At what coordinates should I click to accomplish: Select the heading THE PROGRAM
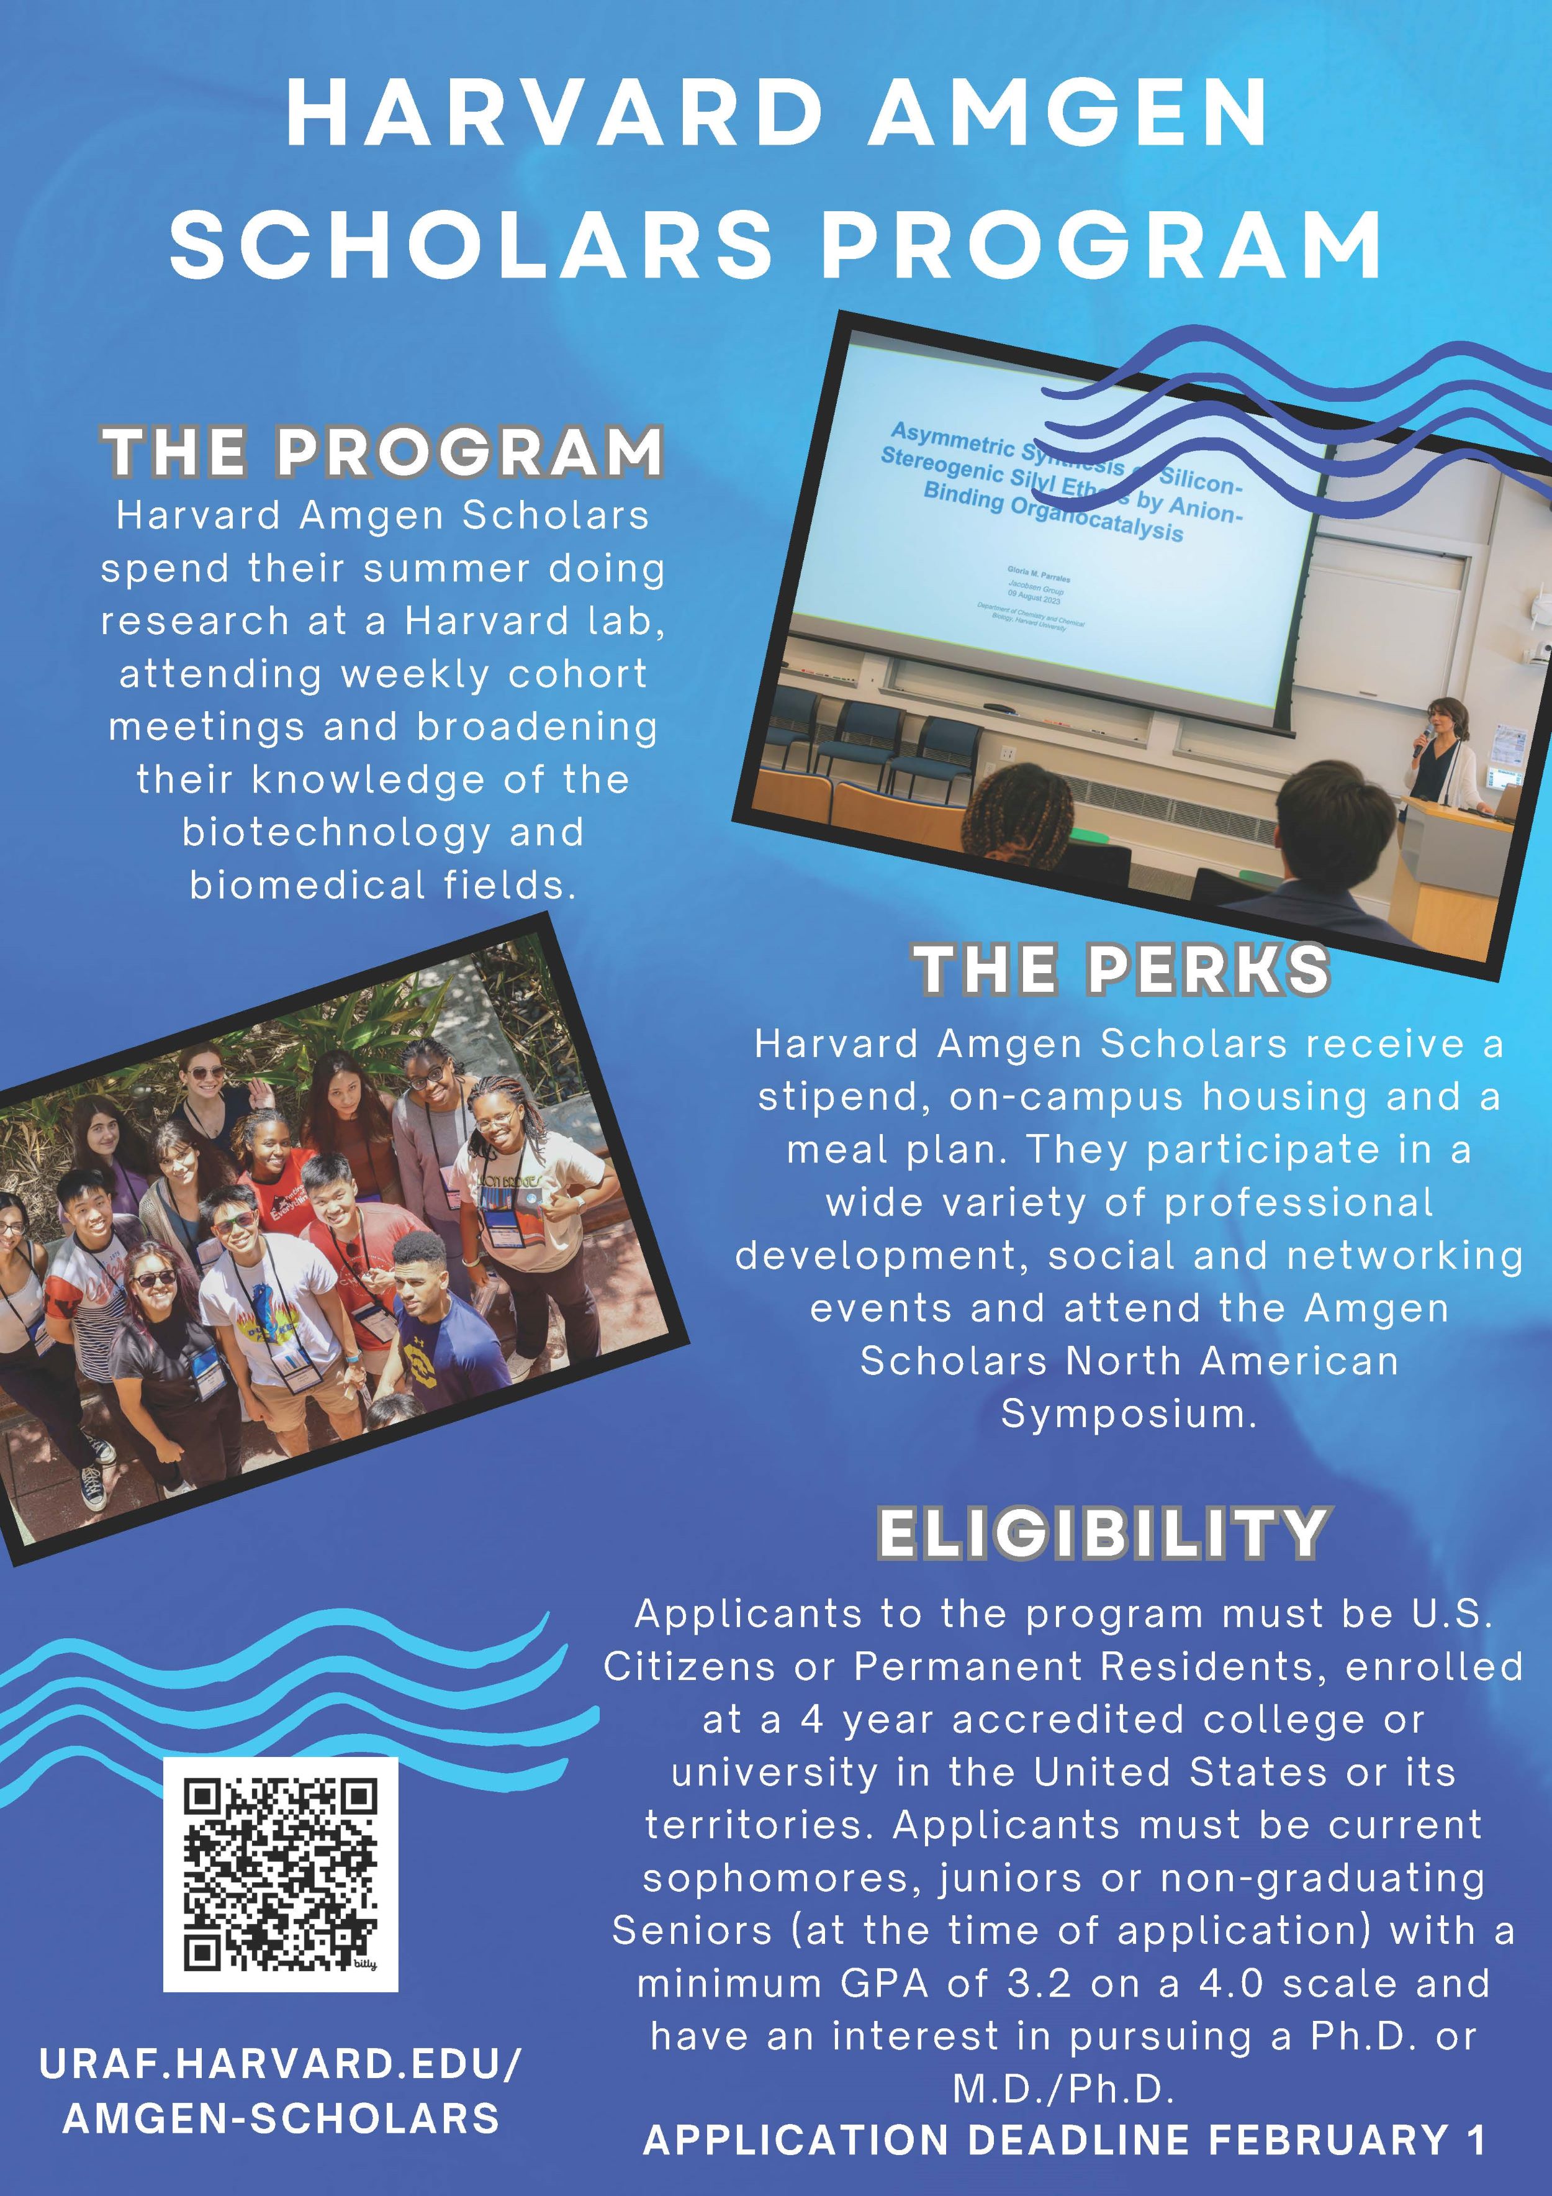click(x=382, y=451)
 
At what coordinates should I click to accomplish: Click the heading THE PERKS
click(x=1122, y=969)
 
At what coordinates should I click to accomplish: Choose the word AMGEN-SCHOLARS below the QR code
click(x=281, y=2118)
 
